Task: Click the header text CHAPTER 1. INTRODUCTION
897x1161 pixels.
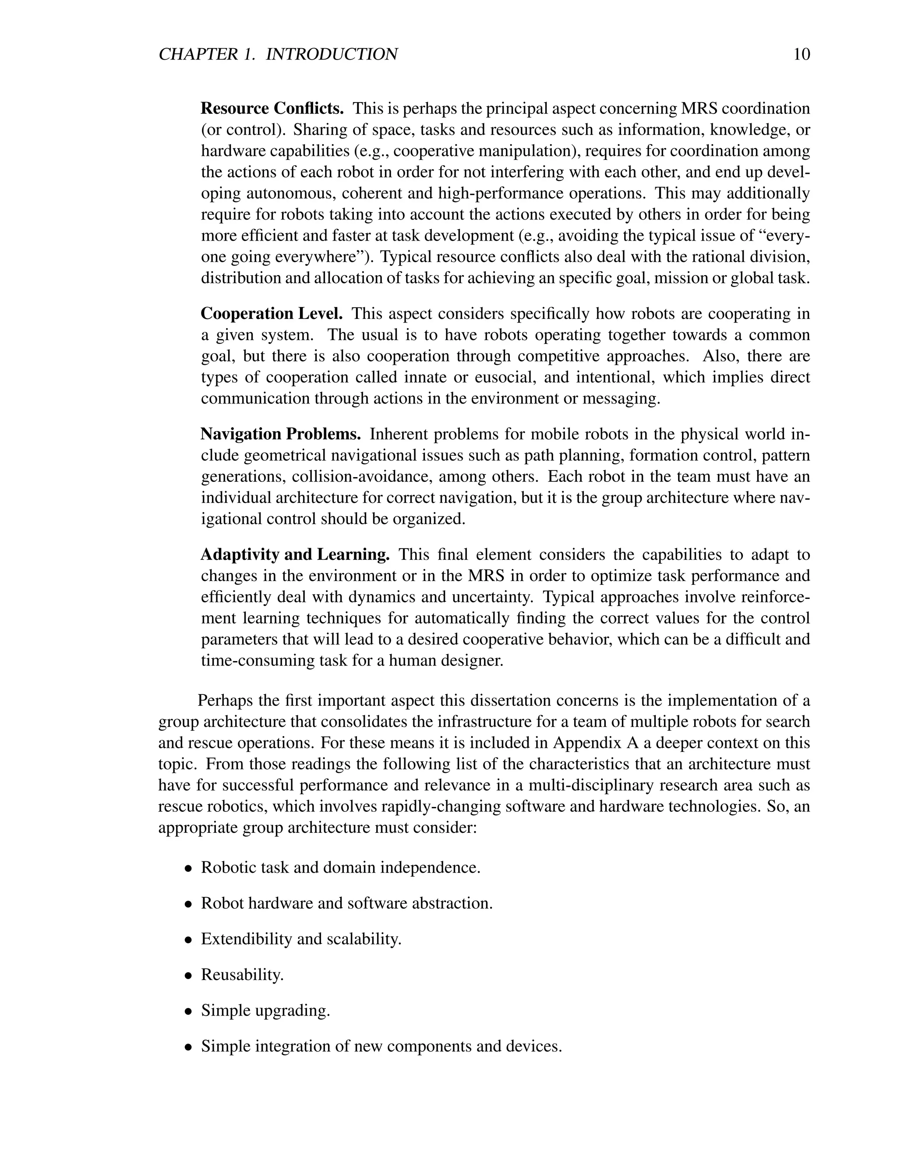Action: [x=278, y=55]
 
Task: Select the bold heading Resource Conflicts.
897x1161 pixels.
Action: [x=272, y=109]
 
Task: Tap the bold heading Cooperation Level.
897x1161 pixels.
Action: [x=272, y=314]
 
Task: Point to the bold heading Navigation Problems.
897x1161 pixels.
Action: [x=281, y=434]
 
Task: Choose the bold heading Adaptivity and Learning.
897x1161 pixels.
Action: [x=295, y=555]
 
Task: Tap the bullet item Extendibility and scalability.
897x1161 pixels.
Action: [x=301, y=939]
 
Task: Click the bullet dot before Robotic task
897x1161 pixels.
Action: [x=188, y=869]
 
